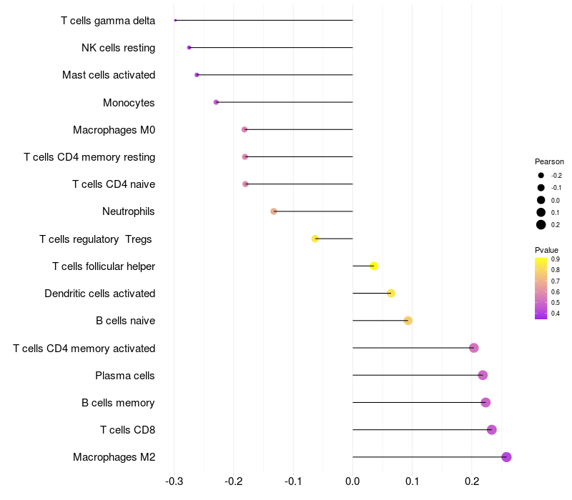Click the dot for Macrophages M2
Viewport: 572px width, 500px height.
click(506, 457)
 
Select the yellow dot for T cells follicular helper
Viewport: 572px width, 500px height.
click(374, 266)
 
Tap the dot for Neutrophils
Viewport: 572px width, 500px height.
click(274, 211)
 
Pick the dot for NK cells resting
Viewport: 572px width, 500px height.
click(189, 48)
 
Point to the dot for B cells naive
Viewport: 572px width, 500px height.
click(408, 321)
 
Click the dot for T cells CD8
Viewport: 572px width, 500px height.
click(492, 430)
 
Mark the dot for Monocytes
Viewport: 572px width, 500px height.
click(216, 102)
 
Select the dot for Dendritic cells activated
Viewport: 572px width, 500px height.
click(391, 294)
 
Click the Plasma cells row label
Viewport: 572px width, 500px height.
click(125, 376)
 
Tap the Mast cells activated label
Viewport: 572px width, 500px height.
click(109, 75)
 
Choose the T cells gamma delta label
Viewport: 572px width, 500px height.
click(108, 21)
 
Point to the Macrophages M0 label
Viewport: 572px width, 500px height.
click(114, 130)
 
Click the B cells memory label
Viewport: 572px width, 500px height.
click(118, 403)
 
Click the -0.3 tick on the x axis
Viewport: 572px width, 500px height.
click(174, 482)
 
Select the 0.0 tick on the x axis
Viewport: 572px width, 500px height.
click(353, 482)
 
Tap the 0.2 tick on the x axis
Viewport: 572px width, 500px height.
click(472, 482)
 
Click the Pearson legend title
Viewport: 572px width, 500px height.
click(549, 162)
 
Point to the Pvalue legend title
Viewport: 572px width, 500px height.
click(547, 249)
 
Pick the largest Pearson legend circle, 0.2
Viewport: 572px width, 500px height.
click(541, 225)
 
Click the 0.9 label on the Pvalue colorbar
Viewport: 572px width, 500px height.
click(555, 259)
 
